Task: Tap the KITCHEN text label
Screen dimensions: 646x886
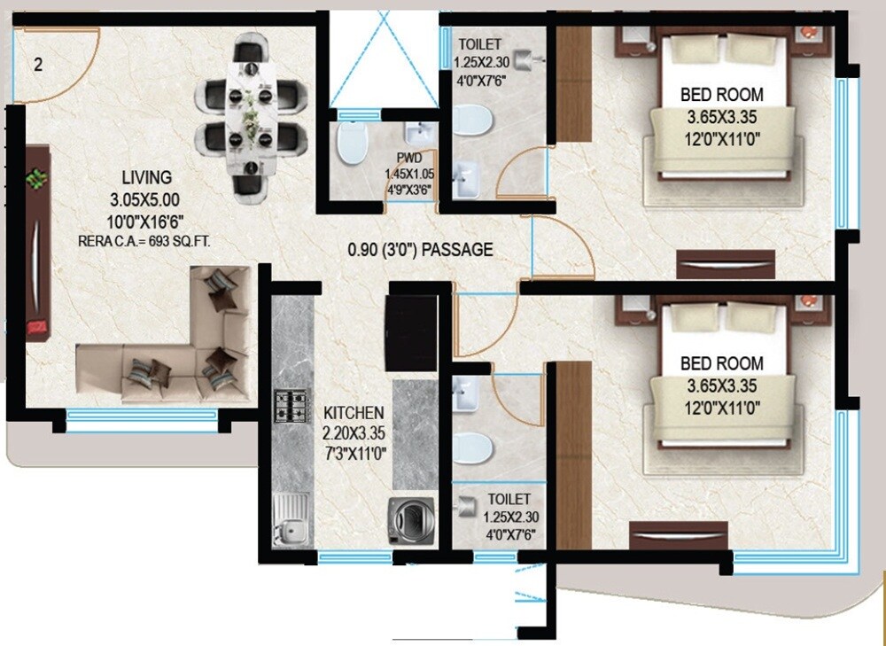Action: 354,413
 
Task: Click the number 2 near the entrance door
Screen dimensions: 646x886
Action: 38,64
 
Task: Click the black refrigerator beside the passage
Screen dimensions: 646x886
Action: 410,331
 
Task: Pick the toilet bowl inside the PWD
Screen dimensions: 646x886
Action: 352,143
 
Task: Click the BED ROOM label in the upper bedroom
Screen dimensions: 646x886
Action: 721,95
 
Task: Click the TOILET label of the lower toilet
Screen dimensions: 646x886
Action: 509,501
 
